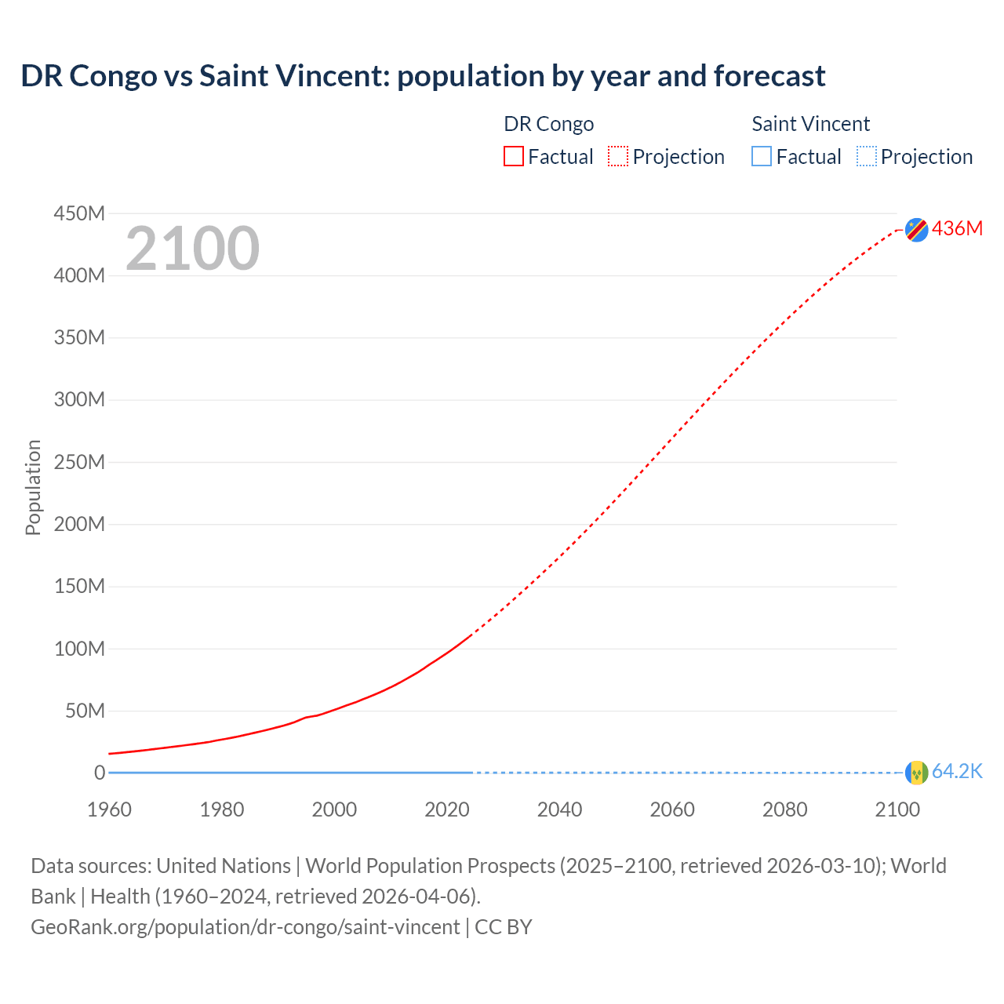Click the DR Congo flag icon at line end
point(916,229)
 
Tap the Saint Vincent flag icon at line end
point(916,773)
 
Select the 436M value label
point(957,228)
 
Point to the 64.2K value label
point(957,772)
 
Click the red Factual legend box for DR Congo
point(513,157)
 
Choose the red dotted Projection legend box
point(618,157)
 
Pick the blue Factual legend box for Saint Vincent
point(761,157)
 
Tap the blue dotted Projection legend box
point(867,157)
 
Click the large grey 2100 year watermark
point(192,248)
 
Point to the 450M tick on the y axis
point(79,213)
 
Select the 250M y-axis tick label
point(79,462)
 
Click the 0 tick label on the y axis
point(99,773)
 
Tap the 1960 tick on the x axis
point(109,809)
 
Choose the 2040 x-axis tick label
point(559,809)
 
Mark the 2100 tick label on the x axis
point(897,809)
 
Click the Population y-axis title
point(33,487)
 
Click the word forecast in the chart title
point(769,76)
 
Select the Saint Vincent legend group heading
point(810,124)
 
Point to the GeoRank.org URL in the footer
point(245,926)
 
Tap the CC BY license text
point(504,926)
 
